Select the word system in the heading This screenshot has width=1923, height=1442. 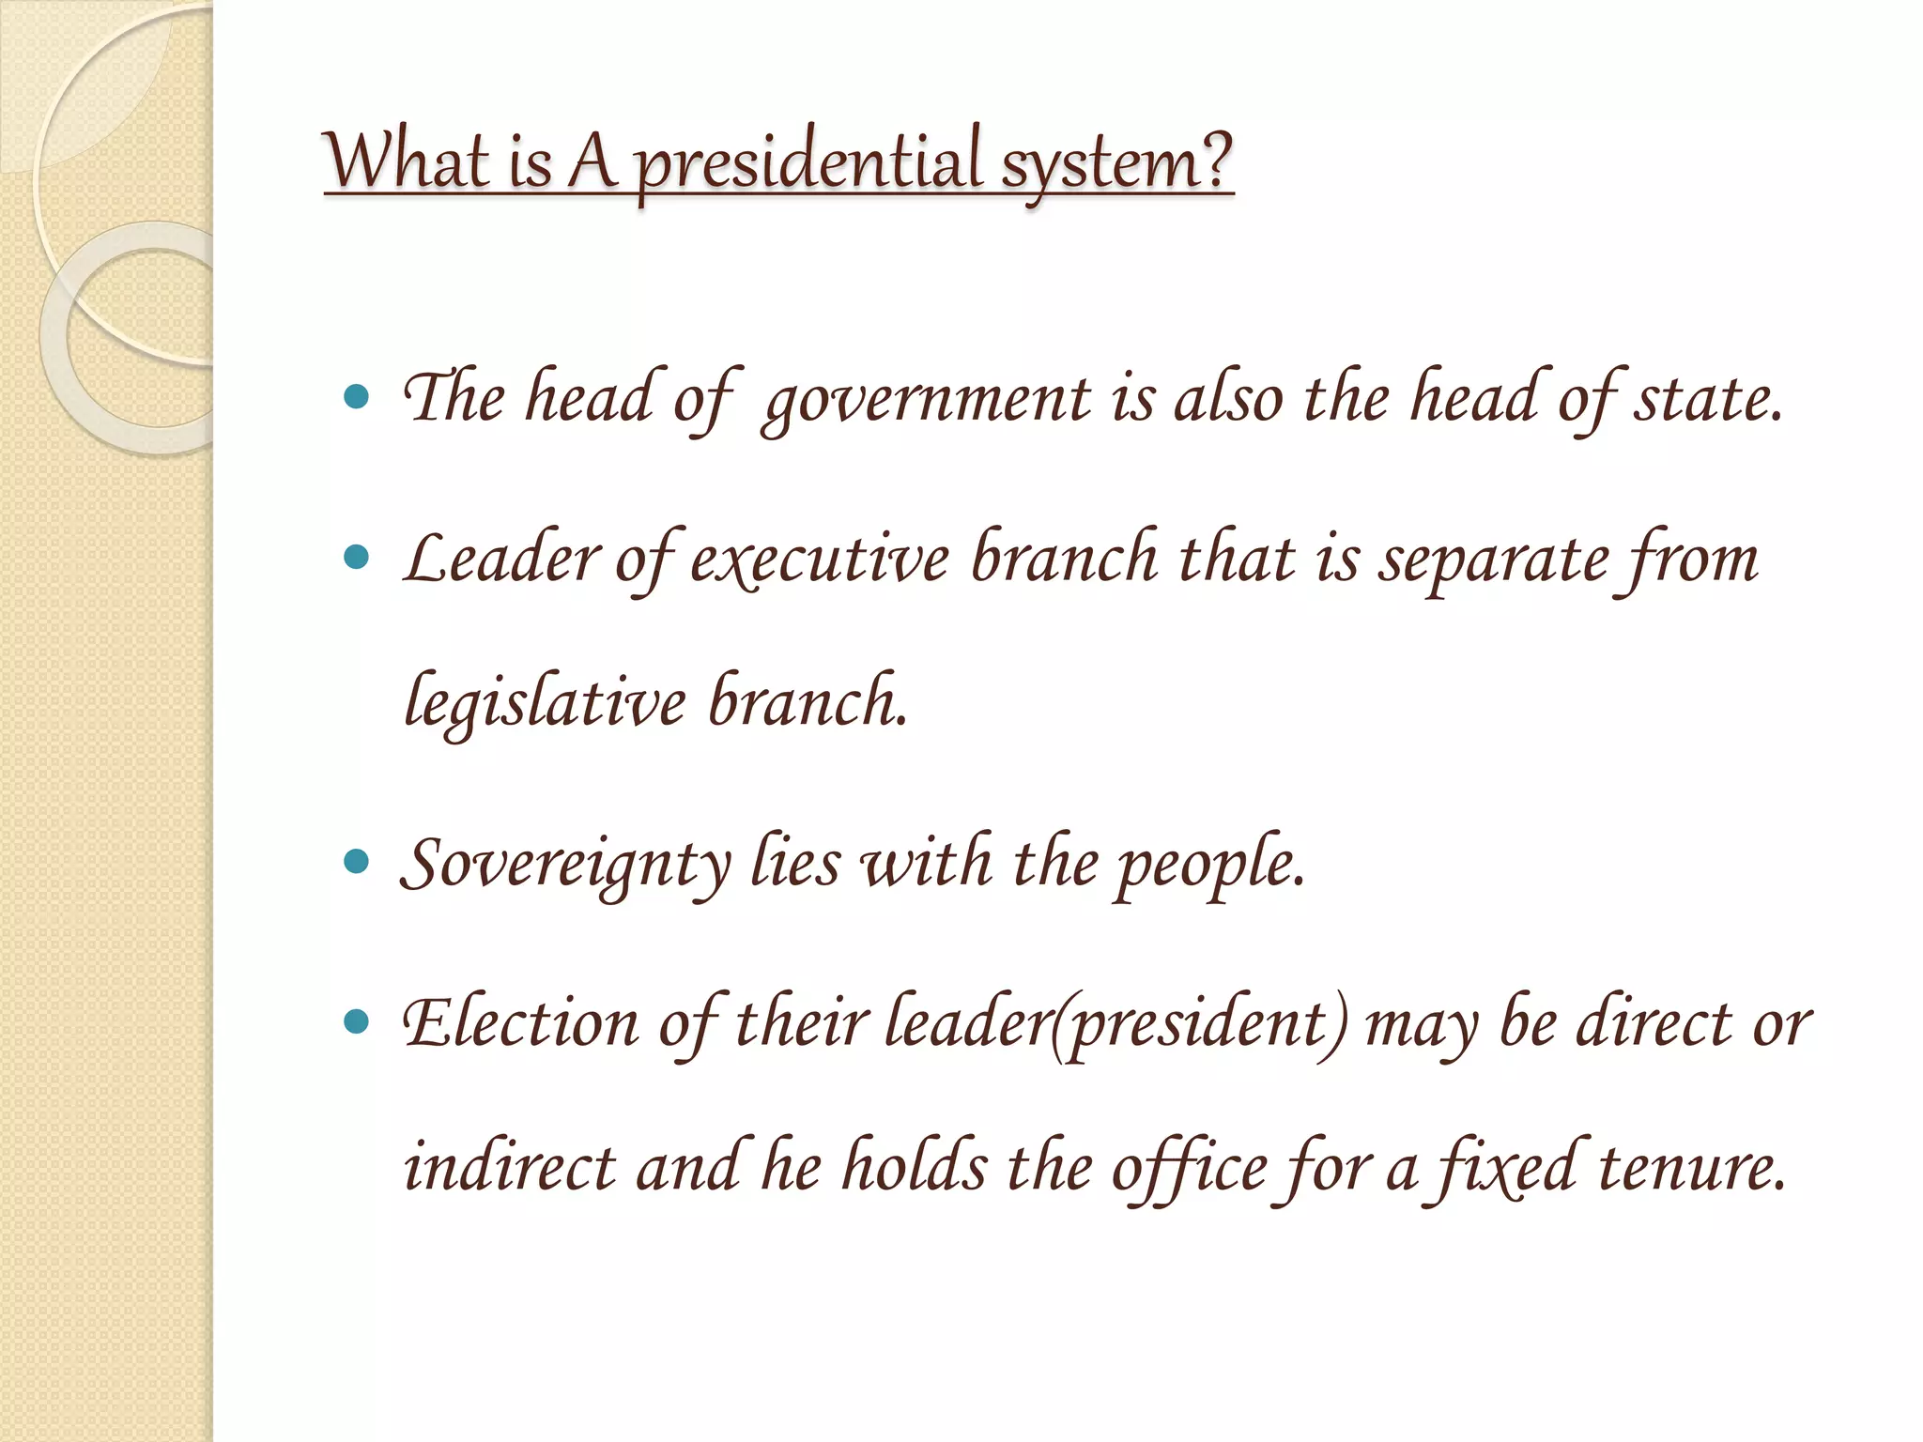[1098, 163]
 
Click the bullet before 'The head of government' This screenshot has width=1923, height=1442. [357, 397]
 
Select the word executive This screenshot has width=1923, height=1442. [820, 559]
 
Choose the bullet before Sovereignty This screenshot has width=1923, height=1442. [357, 861]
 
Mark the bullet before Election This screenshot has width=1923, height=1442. [357, 1020]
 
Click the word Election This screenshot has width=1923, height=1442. [521, 1022]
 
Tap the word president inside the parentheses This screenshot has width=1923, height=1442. [1198, 1024]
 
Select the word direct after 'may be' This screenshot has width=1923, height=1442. [1653, 1022]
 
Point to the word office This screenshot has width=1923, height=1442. [1189, 1170]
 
